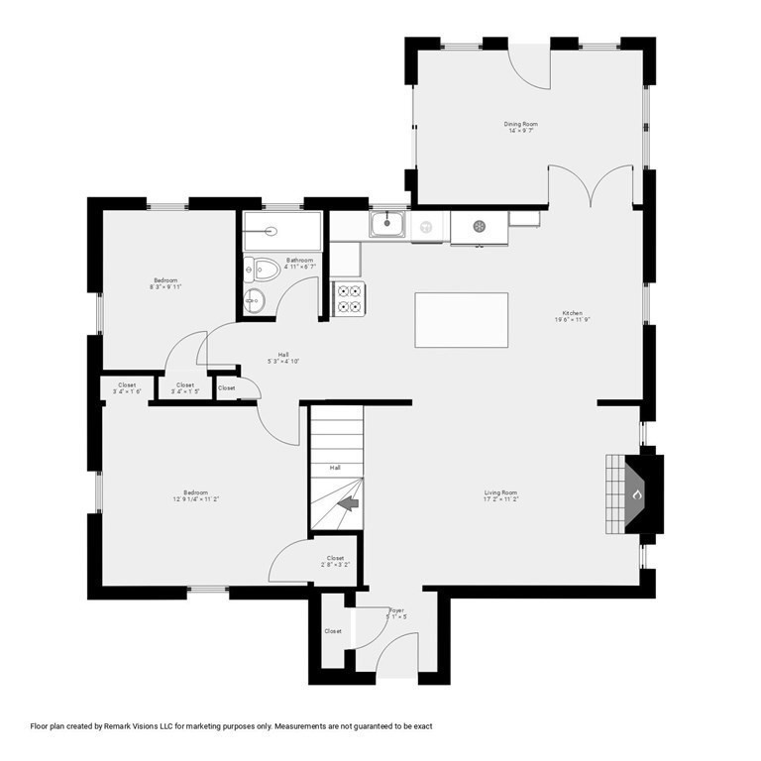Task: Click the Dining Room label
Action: point(521,124)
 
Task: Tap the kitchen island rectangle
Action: point(461,320)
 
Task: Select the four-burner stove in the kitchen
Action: point(348,297)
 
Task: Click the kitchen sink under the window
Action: point(385,225)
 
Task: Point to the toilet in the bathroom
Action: point(264,268)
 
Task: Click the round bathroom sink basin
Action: point(254,301)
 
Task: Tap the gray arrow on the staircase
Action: point(348,504)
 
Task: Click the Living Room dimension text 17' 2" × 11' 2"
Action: point(500,500)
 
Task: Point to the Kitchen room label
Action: point(573,313)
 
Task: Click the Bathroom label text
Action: point(300,260)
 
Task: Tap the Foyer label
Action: point(396,610)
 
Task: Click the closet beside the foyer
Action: point(332,630)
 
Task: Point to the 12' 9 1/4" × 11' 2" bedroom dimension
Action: point(195,500)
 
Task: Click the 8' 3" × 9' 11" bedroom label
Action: point(165,280)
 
